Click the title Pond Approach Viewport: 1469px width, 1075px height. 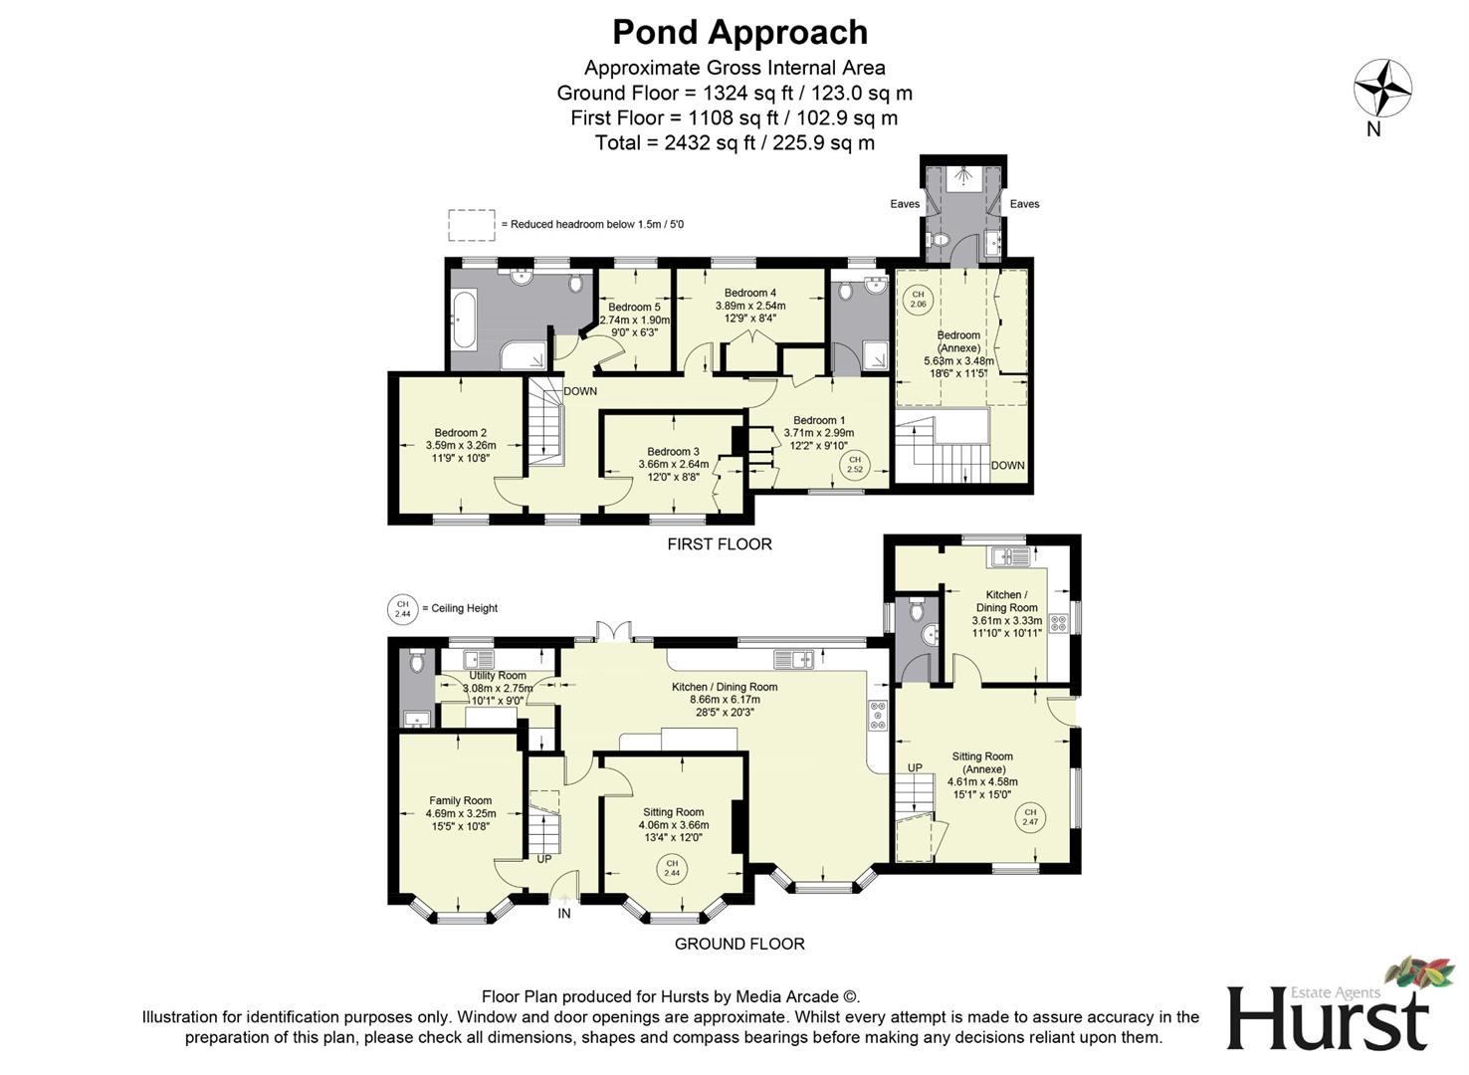739,33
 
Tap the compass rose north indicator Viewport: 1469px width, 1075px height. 1382,89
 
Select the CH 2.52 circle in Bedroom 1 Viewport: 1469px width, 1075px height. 854,464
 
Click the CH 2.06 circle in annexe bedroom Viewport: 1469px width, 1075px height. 918,299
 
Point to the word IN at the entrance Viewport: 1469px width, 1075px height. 564,913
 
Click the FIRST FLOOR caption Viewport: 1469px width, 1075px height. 719,544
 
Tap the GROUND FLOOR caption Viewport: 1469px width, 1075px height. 739,944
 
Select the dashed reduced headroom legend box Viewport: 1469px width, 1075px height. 471,225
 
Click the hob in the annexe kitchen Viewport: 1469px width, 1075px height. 1059,624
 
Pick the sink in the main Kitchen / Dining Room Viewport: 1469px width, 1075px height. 793,658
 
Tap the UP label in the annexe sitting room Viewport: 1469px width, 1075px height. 915,767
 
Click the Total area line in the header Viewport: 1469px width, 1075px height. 734,142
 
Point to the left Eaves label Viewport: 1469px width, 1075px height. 905,204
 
